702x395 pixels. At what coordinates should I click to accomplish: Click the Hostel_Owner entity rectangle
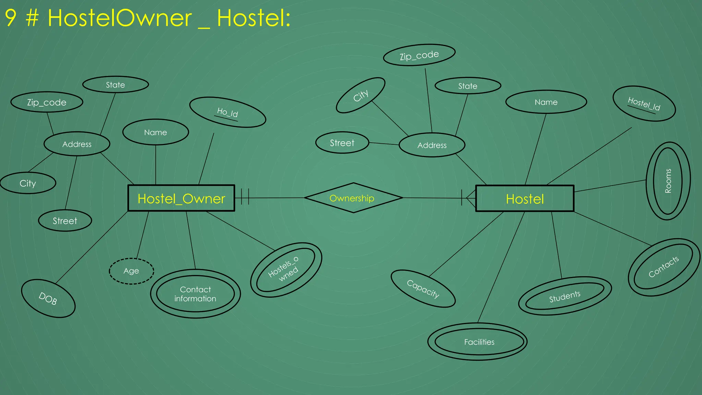181,199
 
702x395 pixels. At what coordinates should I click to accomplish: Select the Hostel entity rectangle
524,199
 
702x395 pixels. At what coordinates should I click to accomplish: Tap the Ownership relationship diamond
353,198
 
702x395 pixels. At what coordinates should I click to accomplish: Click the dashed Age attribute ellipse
131,271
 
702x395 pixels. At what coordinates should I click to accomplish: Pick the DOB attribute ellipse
48,298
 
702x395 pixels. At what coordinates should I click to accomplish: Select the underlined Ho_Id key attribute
227,112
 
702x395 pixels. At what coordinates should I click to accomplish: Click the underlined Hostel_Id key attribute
644,104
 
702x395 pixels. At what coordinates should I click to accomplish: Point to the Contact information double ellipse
195,294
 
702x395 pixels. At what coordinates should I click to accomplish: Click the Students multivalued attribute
565,296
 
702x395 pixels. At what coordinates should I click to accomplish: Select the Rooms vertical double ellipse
668,181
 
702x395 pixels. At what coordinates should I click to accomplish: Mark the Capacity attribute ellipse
423,289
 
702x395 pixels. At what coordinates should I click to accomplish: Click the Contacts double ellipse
664,267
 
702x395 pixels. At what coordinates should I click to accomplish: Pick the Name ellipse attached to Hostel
546,102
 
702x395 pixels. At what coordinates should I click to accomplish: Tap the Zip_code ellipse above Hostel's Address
419,55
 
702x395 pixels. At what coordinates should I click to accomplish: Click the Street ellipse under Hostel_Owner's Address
65,221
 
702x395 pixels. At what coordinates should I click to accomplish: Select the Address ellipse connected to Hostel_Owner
77,144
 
